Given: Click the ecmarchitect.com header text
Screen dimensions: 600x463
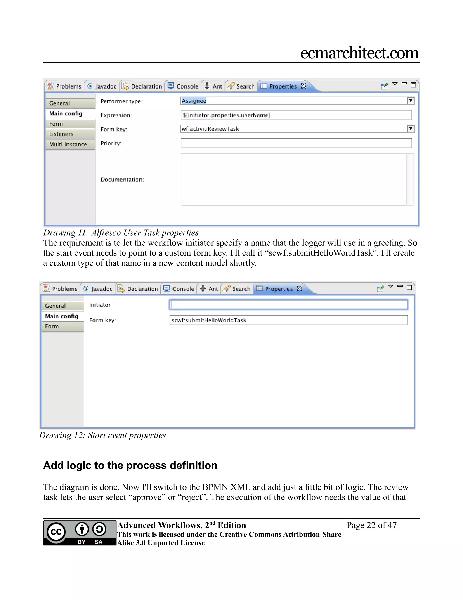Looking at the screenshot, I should (x=359, y=53).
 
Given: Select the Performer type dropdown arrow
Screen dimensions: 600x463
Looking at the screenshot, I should (x=410, y=101).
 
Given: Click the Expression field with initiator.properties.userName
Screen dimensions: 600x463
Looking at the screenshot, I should (x=296, y=115).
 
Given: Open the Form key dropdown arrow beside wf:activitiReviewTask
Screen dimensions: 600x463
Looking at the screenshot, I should (x=410, y=129).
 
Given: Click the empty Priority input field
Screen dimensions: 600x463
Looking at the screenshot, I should (x=296, y=143).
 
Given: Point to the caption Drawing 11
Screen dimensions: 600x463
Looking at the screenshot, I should (x=121, y=233).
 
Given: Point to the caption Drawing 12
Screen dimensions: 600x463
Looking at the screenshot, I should (x=102, y=435).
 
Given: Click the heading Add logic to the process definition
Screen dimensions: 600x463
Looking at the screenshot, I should (x=130, y=465).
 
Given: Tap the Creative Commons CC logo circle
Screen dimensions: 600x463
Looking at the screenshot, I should (x=56, y=532).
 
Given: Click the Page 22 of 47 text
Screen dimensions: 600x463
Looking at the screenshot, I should (x=371, y=525).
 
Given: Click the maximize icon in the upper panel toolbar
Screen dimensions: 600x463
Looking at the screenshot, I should (x=413, y=85).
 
